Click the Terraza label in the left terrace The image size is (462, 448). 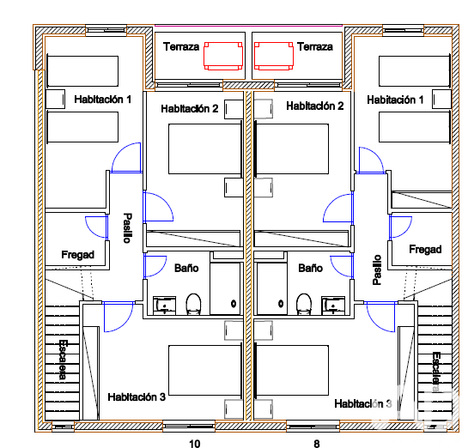[181, 47]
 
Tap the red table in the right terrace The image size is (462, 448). [274, 57]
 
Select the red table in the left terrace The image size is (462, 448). [223, 57]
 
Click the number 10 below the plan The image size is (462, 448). [194, 444]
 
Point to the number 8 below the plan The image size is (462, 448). [317, 444]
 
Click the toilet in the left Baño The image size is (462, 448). [193, 304]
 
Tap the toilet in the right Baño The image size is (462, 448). [304, 304]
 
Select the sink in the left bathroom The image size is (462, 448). [164, 306]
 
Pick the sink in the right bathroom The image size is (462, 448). [333, 306]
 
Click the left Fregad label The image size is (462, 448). [78, 255]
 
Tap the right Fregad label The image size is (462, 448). [425, 250]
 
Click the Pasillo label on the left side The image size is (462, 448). [127, 228]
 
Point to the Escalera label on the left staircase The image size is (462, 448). [63, 360]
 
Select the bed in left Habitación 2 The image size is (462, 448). [205, 148]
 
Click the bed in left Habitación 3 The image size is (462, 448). [205, 370]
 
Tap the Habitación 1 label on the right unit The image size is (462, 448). [395, 100]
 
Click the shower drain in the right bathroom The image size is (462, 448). [281, 304]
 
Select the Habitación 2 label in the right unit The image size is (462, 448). [315, 106]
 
